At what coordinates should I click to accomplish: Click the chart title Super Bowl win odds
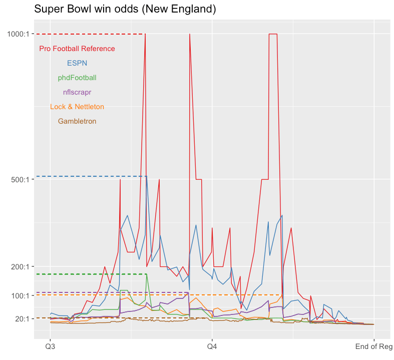[125, 9]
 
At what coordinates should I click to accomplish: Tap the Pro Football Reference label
[77, 49]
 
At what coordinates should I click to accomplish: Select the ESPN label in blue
[77, 63]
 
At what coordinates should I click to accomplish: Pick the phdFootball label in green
[77, 78]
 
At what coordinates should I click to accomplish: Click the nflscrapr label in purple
[77, 92]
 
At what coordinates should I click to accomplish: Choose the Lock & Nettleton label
[77, 107]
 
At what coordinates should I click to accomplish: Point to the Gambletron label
[77, 121]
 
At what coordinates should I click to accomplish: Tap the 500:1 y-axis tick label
[22, 179]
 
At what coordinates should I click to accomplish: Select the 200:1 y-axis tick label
[22, 266]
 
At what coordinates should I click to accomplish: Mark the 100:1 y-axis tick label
[22, 295]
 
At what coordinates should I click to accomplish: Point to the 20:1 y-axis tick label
[23, 318]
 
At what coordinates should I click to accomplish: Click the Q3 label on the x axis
[51, 346]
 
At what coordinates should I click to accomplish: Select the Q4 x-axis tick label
[212, 346]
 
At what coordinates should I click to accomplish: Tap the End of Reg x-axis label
[373, 346]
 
